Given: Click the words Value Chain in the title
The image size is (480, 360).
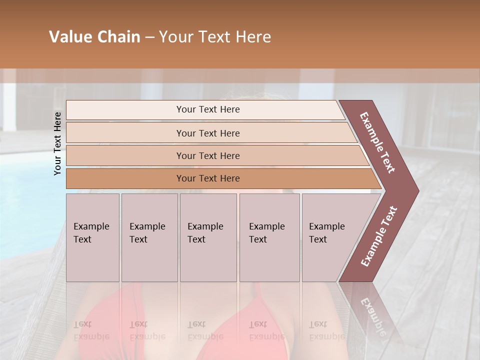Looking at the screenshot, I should click(x=94, y=37).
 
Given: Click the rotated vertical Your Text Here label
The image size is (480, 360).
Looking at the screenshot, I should click(x=57, y=143).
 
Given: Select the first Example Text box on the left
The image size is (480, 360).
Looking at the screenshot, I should click(x=92, y=237).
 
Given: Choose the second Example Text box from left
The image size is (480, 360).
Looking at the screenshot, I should click(x=149, y=237).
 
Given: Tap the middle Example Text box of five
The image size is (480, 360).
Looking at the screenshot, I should click(x=208, y=237).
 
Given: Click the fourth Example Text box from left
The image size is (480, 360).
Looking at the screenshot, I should click(x=269, y=237).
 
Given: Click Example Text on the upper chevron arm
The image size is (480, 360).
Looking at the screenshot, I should click(x=377, y=142).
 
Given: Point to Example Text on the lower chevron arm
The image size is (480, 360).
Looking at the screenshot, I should click(x=378, y=236).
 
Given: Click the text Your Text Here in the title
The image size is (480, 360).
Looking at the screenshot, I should click(x=215, y=37).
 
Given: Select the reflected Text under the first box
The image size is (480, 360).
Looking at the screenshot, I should click(x=82, y=324).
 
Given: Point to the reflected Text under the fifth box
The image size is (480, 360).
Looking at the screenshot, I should click(x=318, y=324).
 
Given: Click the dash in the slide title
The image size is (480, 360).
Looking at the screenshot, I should click(x=149, y=37).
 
